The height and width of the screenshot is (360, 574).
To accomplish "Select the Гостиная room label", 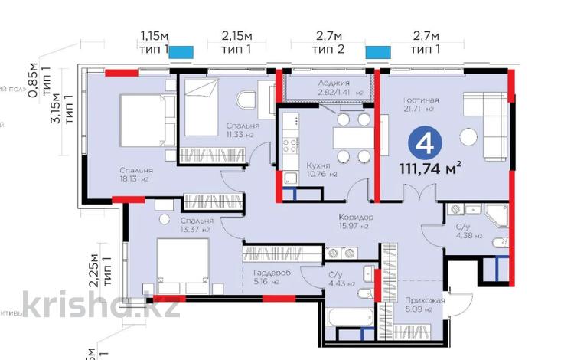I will (420, 100).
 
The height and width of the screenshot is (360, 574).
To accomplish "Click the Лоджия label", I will (334, 83).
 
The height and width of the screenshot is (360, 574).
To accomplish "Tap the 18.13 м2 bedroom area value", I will (134, 179).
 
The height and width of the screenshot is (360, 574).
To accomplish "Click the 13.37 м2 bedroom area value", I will (194, 228).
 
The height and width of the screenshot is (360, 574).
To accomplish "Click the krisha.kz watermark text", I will (101, 306).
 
